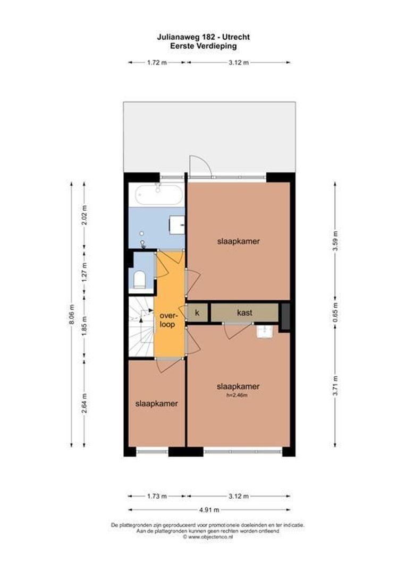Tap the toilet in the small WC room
pyautogui.click(x=139, y=280)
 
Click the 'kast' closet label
pyautogui.click(x=244, y=313)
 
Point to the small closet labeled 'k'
pyautogui.click(x=197, y=313)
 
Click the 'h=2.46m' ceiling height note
pyautogui.click(x=238, y=395)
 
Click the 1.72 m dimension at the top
pyautogui.click(x=156, y=63)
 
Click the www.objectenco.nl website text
pyautogui.click(x=207, y=537)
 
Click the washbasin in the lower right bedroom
pyautogui.click(x=264, y=332)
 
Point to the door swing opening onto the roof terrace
pyautogui.click(x=200, y=166)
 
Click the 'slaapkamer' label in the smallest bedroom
pyautogui.click(x=156, y=403)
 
